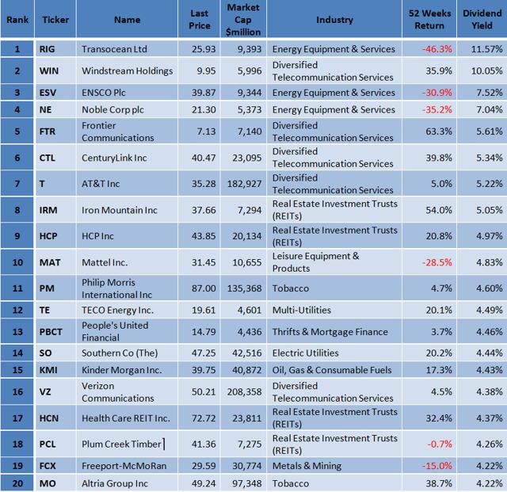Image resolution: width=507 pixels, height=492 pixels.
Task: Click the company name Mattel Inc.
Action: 106,262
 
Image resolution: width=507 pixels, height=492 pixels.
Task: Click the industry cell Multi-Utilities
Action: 301,311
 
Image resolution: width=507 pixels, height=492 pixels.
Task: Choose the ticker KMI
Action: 48,369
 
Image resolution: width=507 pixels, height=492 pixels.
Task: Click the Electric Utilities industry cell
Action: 305,353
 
